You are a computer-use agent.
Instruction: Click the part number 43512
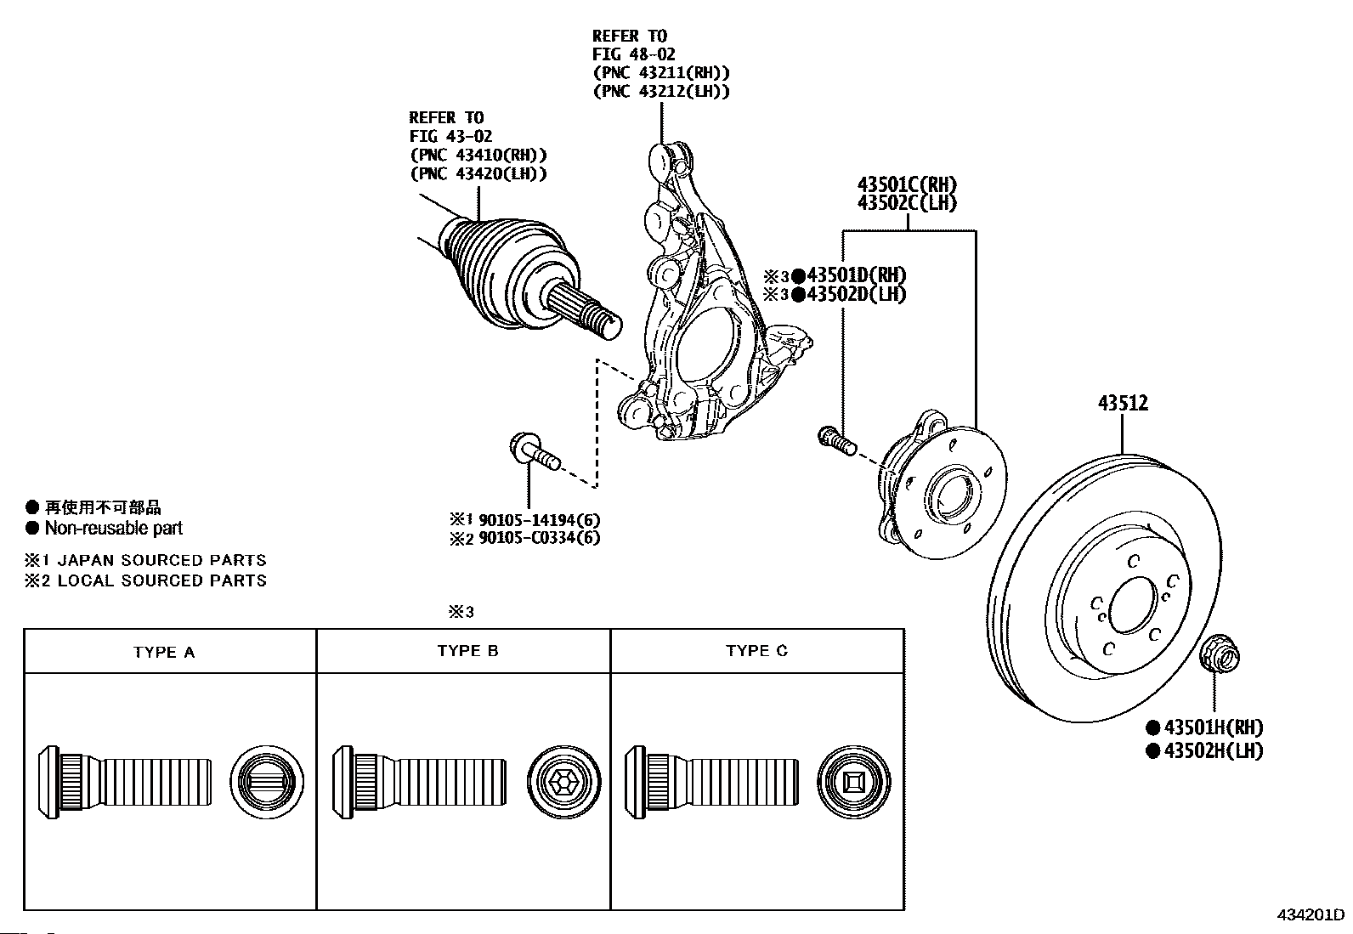(x=1122, y=403)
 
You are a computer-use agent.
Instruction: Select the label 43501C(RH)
(x=906, y=184)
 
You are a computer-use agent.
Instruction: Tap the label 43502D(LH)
(x=856, y=295)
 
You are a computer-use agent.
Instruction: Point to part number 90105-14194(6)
(x=539, y=519)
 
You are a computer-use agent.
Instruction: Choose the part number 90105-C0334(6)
(x=539, y=538)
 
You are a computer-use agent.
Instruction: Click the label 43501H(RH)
(x=1213, y=727)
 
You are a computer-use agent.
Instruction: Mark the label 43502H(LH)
(x=1213, y=750)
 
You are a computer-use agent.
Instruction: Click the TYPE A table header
(x=164, y=653)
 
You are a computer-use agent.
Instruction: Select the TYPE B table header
(x=467, y=651)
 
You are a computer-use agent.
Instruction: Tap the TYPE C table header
(x=756, y=651)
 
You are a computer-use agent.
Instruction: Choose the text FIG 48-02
(x=634, y=54)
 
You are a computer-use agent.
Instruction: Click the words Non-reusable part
(x=114, y=529)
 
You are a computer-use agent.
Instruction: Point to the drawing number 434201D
(x=1310, y=915)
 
